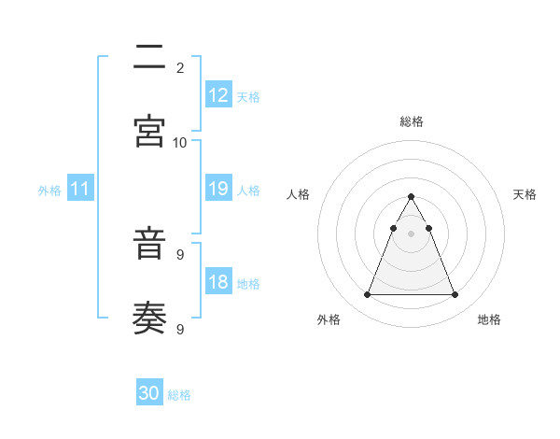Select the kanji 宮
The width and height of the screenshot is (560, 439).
pos(150,131)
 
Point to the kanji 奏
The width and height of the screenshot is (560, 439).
pos(150,319)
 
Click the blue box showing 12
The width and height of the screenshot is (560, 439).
pos(218,95)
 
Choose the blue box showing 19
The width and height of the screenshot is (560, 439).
pos(218,189)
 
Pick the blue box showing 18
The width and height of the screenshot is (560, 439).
pos(218,282)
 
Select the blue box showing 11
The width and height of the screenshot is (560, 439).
pos(80,189)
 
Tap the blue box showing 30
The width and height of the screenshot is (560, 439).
pos(149,393)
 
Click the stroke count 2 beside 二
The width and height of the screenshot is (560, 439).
pos(179,68)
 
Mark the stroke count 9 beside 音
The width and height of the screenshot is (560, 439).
pos(179,255)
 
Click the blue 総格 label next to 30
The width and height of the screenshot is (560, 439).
pos(179,395)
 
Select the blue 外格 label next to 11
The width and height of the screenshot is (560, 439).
pos(49,191)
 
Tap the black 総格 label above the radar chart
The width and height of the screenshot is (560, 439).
pos(411,121)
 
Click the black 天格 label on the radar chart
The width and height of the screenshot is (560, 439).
pos(525,194)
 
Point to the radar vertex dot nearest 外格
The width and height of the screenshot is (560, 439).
pos(367,295)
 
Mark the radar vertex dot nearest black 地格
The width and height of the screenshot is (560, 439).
pos(455,295)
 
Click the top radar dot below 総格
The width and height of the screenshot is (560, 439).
pos(411,197)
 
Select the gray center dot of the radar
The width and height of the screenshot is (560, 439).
pos(411,234)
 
